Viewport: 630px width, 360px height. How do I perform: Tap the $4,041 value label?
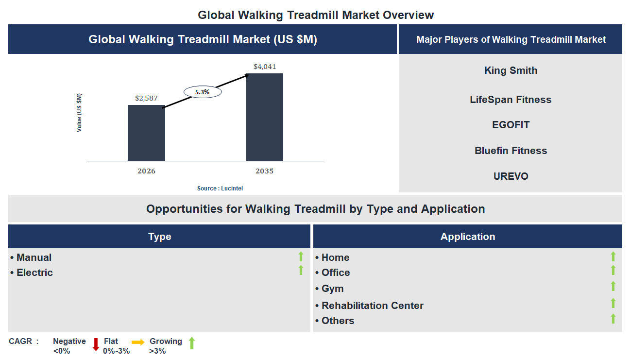click(265, 67)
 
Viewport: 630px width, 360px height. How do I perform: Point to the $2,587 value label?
click(146, 98)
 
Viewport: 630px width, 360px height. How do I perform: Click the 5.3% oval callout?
click(203, 91)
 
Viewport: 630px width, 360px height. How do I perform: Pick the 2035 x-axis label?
click(265, 171)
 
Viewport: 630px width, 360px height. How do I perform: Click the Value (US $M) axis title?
click(79, 113)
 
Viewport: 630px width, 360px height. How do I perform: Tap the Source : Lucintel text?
click(220, 189)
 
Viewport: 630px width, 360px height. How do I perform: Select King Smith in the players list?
click(511, 70)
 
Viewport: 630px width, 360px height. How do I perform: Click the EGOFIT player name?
click(511, 125)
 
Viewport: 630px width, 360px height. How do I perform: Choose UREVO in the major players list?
click(511, 176)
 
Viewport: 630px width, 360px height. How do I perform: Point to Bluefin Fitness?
click(511, 151)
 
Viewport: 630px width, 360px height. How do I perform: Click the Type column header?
click(159, 237)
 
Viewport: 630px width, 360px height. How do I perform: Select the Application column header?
click(467, 237)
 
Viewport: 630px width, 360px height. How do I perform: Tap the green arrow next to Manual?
click(301, 257)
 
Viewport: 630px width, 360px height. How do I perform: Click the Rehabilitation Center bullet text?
click(372, 306)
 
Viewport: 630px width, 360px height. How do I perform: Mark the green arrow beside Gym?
click(613, 286)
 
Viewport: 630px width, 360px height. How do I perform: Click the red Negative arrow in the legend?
click(96, 344)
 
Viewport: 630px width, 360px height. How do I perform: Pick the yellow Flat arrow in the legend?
click(138, 343)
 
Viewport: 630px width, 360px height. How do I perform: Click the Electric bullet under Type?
click(34, 273)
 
